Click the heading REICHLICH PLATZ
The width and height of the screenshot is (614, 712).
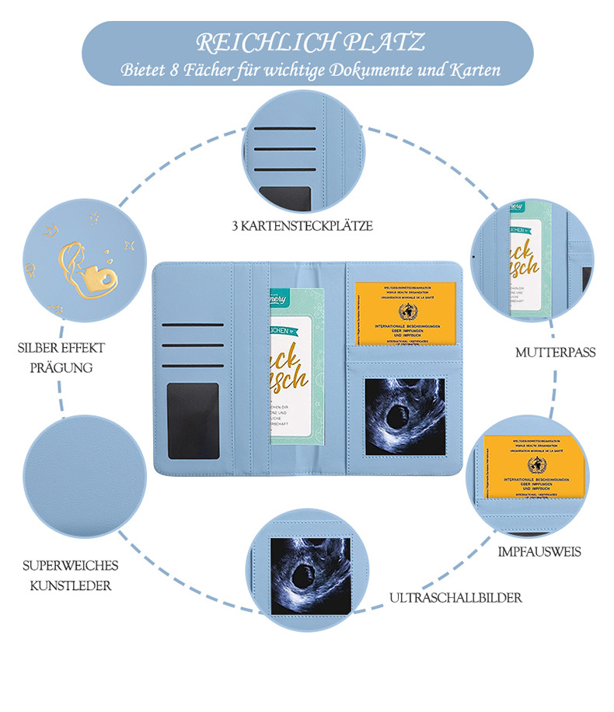pyautogui.click(x=310, y=41)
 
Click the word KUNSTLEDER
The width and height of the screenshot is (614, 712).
pyautogui.click(x=70, y=585)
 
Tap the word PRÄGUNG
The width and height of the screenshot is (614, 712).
pyautogui.click(x=61, y=367)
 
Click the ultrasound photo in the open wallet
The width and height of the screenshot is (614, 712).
pyautogui.click(x=405, y=416)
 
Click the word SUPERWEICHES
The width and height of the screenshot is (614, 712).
pyautogui.click(x=70, y=564)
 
